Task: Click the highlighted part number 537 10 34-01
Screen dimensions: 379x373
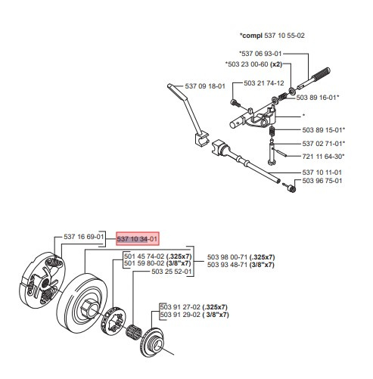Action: point(137,239)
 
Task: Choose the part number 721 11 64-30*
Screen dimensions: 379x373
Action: point(324,156)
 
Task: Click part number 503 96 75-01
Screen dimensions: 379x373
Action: point(322,181)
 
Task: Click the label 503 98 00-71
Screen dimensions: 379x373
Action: point(226,256)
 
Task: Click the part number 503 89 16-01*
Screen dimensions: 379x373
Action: point(319,98)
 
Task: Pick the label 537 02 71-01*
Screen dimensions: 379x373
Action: point(324,143)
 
